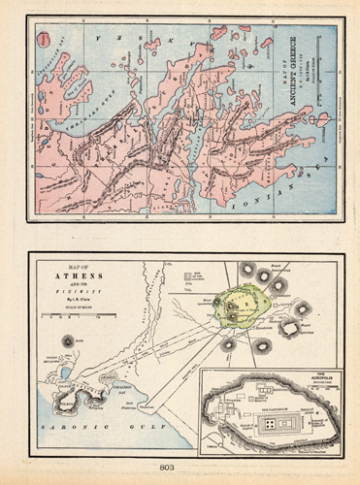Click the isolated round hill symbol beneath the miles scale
67,340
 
